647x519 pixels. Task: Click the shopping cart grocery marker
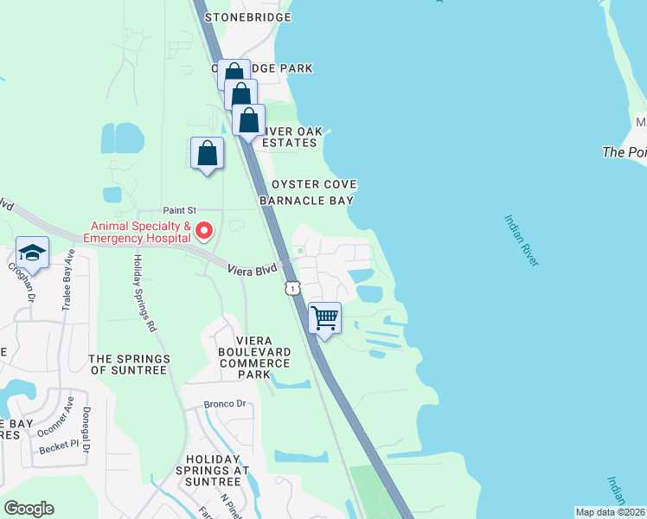324,317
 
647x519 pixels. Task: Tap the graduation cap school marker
32,253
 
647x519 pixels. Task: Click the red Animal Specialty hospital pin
204,230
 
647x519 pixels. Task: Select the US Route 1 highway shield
293,287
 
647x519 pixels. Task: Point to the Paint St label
181,210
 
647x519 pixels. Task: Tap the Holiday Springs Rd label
144,293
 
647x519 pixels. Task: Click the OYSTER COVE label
315,185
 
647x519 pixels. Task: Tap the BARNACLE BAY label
307,200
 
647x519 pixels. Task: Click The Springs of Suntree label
127,363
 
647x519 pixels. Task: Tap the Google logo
29,509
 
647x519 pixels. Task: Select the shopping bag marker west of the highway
207,154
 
